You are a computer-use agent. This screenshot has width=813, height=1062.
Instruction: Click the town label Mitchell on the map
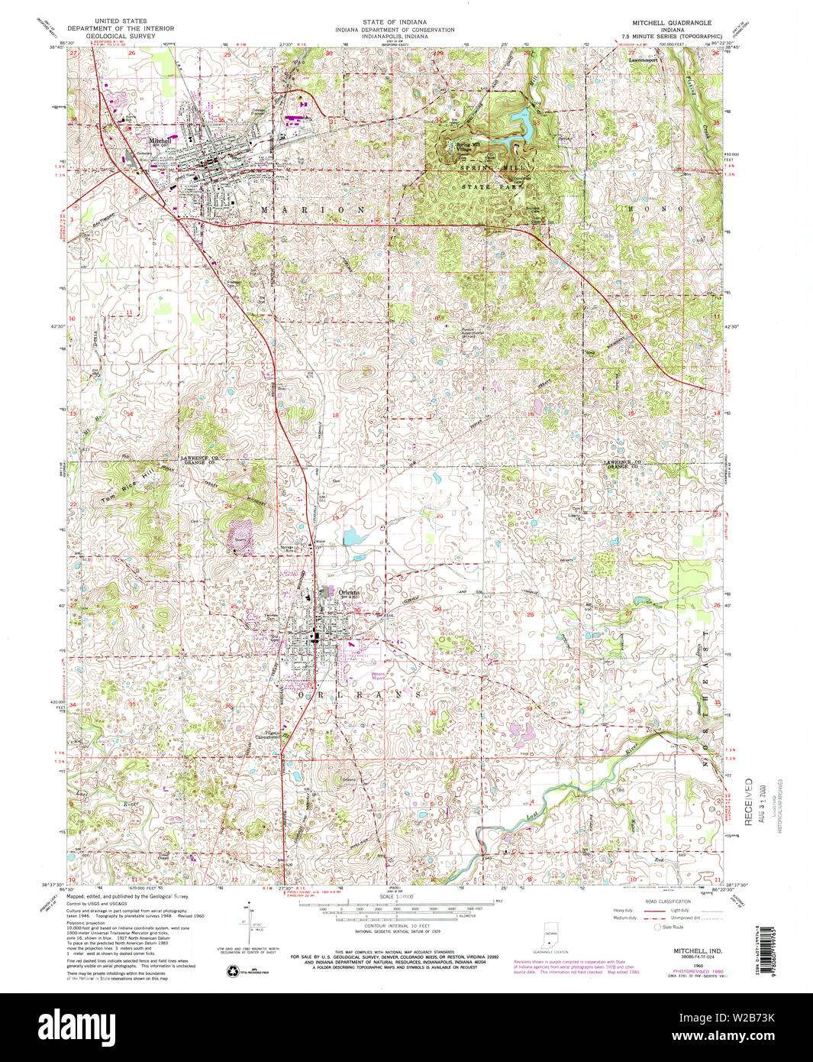click(160, 141)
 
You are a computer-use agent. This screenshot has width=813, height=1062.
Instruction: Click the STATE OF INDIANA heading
click(395, 22)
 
